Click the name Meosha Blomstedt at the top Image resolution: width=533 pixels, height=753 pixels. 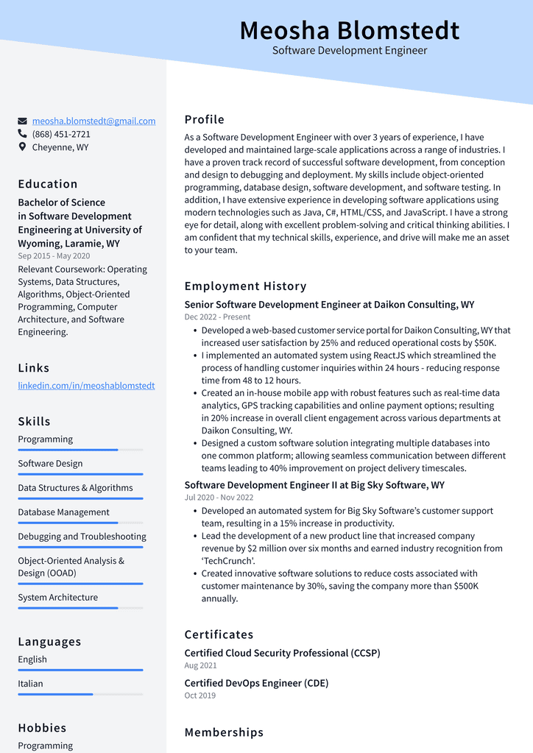pos(349,31)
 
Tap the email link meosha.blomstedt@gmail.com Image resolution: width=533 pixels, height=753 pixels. pos(93,121)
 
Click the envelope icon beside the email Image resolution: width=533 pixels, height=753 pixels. pos(23,121)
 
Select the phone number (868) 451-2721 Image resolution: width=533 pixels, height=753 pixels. pos(61,134)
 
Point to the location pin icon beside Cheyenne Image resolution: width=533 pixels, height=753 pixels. pos(23,147)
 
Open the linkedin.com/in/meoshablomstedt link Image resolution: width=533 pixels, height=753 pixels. pos(86,385)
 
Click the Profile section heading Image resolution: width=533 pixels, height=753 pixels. pos(204,119)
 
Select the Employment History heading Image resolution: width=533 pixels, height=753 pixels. pos(245,286)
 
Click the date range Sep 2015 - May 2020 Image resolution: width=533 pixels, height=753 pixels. pos(54,256)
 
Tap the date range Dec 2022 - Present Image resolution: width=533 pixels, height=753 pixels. pos(217,317)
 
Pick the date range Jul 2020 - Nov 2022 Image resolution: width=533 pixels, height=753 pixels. pos(219,498)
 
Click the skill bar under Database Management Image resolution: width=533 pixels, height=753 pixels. pos(80,523)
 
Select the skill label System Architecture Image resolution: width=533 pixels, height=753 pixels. pos(57,597)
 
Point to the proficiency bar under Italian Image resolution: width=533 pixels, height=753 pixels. pos(80,694)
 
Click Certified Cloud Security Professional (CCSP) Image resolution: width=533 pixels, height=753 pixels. pos(282,653)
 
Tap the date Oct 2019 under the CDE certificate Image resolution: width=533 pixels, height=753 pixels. pos(200,696)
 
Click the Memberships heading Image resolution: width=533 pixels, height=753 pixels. pos(224,732)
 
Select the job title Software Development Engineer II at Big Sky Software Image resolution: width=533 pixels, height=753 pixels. pos(314,485)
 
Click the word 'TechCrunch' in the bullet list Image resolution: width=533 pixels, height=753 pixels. pos(229,561)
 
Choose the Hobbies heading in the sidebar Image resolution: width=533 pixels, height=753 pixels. pos(42,727)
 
